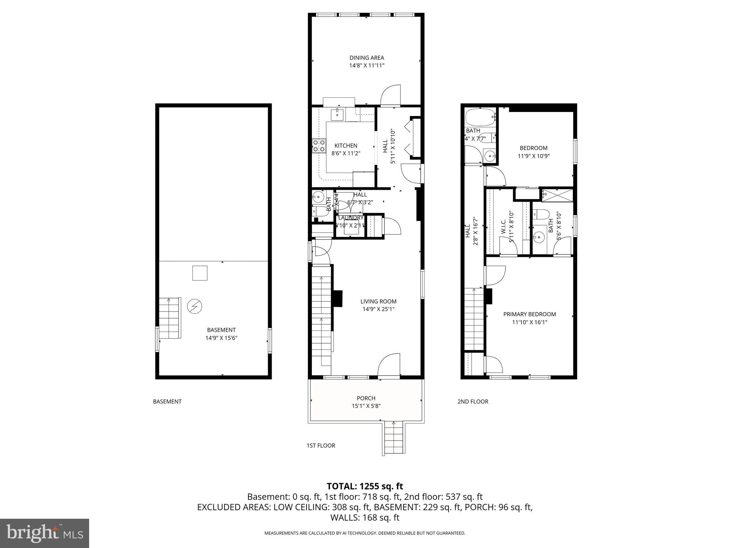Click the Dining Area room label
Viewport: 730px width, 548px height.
[366, 58]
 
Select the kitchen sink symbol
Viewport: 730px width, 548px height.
[337, 115]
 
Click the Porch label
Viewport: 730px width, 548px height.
[366, 398]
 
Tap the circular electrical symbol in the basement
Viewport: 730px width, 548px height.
[195, 306]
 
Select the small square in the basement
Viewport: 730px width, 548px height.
[200, 273]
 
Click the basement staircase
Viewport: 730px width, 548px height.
[169, 318]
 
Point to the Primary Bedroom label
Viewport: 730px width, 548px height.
[529, 314]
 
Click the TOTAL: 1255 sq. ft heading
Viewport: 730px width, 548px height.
[365, 486]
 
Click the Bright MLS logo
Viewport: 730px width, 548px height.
[45, 533]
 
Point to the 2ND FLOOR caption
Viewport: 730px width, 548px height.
[473, 401]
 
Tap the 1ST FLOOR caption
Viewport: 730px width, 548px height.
[321, 446]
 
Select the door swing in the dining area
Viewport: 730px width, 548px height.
[391, 96]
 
